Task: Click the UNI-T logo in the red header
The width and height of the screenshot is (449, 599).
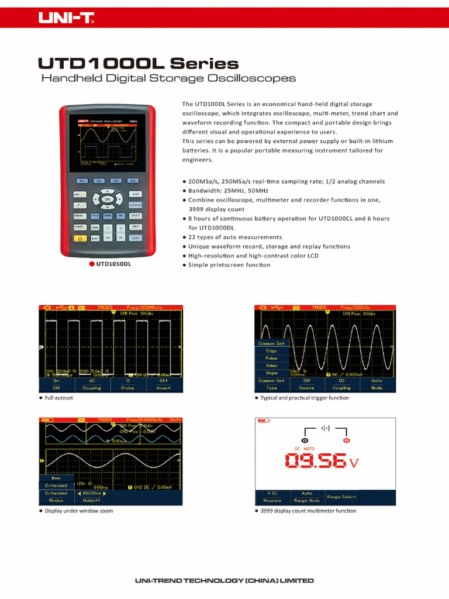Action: click(66, 19)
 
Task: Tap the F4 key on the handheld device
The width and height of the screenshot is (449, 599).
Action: click(133, 181)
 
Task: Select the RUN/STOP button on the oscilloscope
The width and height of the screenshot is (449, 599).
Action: click(135, 205)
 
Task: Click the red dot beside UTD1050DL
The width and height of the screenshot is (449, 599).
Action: click(92, 264)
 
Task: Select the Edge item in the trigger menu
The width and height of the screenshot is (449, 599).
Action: click(271, 351)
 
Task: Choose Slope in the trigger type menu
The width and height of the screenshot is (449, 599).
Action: click(271, 373)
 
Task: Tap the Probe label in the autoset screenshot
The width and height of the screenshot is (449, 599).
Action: click(127, 388)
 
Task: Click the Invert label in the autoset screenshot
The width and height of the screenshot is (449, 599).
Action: click(163, 388)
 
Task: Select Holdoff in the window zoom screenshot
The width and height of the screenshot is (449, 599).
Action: click(92, 501)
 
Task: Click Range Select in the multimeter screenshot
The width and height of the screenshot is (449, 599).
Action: click(341, 497)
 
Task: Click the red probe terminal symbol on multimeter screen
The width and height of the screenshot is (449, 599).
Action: click(346, 440)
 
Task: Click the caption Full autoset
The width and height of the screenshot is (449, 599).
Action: click(59, 398)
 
